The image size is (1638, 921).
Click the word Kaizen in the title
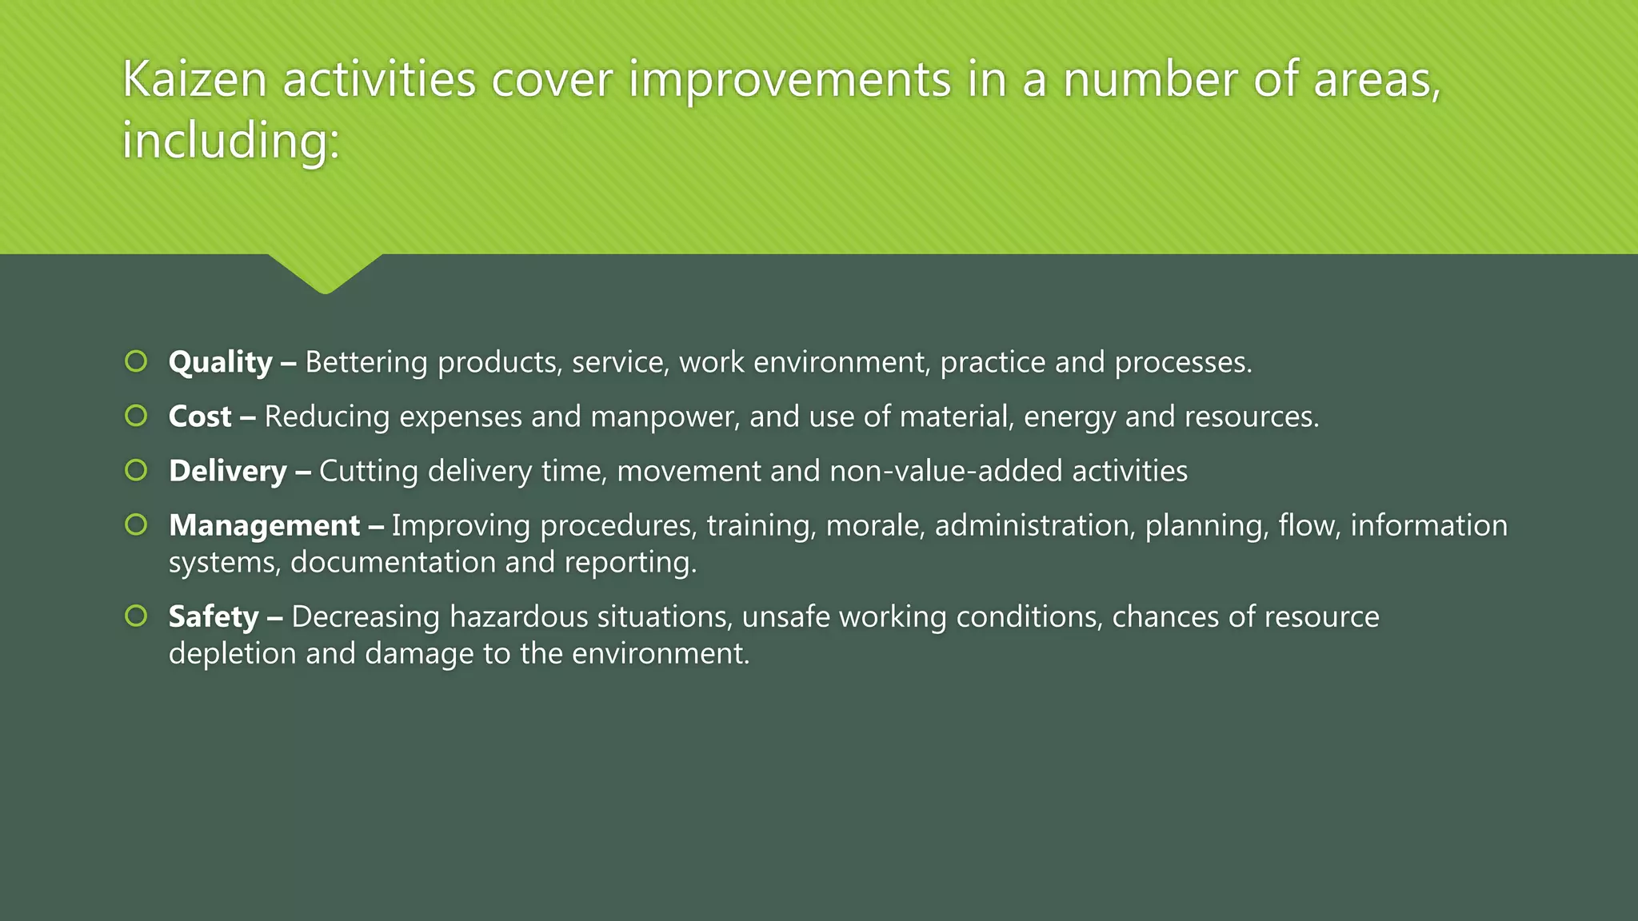[x=194, y=80]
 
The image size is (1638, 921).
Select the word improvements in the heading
[x=789, y=80]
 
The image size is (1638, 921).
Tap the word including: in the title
[x=231, y=142]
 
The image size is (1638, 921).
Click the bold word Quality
[x=221, y=363]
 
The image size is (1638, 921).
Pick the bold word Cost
[x=200, y=417]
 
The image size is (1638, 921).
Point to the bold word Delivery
[x=228, y=471]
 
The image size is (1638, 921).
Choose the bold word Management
[x=265, y=525]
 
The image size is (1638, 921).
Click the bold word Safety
[x=214, y=616]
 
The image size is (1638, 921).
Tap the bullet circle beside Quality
[x=136, y=361]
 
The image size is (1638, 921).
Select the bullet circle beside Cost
[x=136, y=416]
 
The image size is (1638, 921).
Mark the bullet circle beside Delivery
[x=136, y=470]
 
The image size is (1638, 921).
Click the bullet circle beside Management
[x=136, y=524]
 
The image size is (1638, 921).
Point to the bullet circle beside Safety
[x=136, y=616]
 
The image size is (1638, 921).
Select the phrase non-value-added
[x=946, y=471]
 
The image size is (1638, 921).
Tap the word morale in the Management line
[x=875, y=525]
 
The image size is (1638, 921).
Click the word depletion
[x=232, y=654]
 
